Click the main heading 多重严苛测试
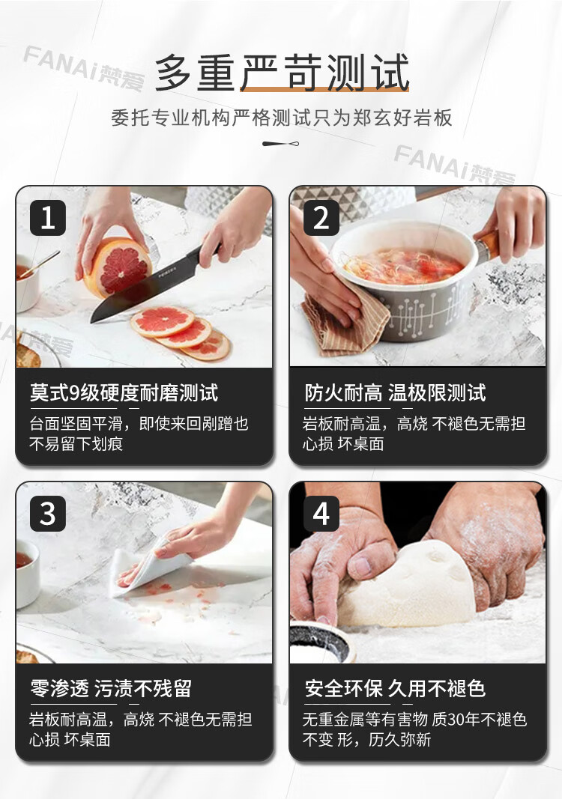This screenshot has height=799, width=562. [x=282, y=73]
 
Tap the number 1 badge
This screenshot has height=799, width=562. [x=48, y=218]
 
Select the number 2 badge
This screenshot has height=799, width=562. [x=321, y=218]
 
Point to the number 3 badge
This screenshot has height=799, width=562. [x=48, y=514]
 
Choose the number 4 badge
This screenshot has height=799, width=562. [x=321, y=514]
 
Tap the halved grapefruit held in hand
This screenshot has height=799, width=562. [x=118, y=267]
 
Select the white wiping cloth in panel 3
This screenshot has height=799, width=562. [x=148, y=568]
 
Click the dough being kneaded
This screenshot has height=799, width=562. [x=408, y=586]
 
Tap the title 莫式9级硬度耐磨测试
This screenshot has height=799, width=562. [x=124, y=393]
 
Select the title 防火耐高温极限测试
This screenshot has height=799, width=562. [x=395, y=393]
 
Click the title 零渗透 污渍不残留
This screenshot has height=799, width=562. [x=111, y=689]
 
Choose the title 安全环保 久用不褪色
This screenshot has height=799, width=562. [x=395, y=689]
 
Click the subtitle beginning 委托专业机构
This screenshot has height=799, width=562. [x=282, y=118]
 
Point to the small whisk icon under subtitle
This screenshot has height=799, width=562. [x=280, y=144]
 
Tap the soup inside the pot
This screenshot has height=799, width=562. [x=403, y=266]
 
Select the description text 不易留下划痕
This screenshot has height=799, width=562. [x=76, y=444]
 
